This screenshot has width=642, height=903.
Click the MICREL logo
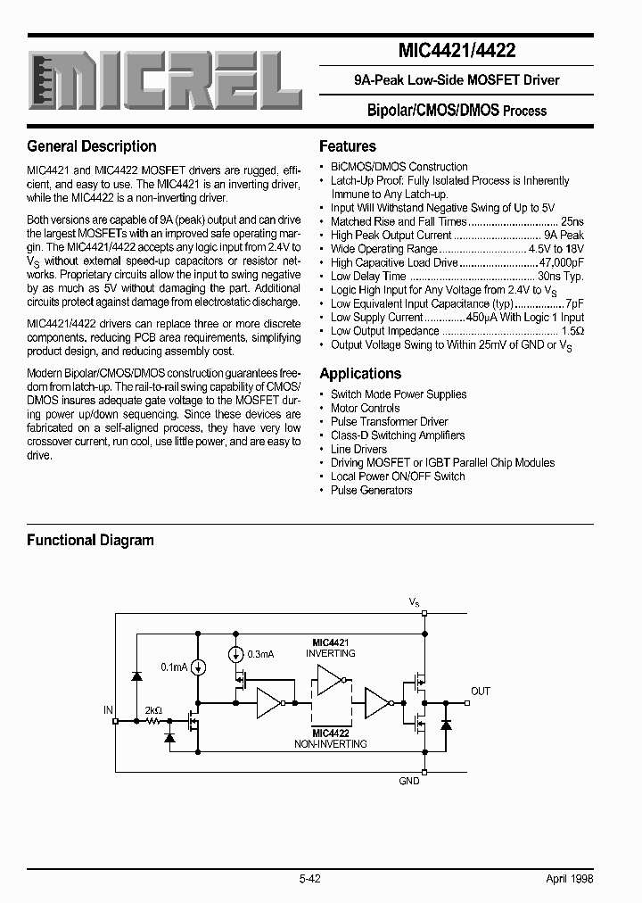click(165, 81)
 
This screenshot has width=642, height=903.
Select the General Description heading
click(92, 146)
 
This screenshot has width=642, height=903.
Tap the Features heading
click(348, 146)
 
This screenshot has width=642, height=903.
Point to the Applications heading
click(360, 374)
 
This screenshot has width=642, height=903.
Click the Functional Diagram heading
click(90, 540)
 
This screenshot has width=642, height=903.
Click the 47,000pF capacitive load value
click(562, 262)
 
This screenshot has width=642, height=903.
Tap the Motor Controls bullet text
click(365, 408)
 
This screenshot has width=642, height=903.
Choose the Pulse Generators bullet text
click(371, 490)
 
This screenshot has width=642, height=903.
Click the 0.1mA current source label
click(173, 667)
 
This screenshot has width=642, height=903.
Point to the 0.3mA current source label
click(259, 654)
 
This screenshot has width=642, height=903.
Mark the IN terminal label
click(108, 710)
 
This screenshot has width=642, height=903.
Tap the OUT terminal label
click(481, 691)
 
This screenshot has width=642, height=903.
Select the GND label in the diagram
click(409, 781)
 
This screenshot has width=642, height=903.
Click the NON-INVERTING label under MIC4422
click(330, 743)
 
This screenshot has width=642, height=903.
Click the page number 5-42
click(310, 879)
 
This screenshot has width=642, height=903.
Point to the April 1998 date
click(569, 879)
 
